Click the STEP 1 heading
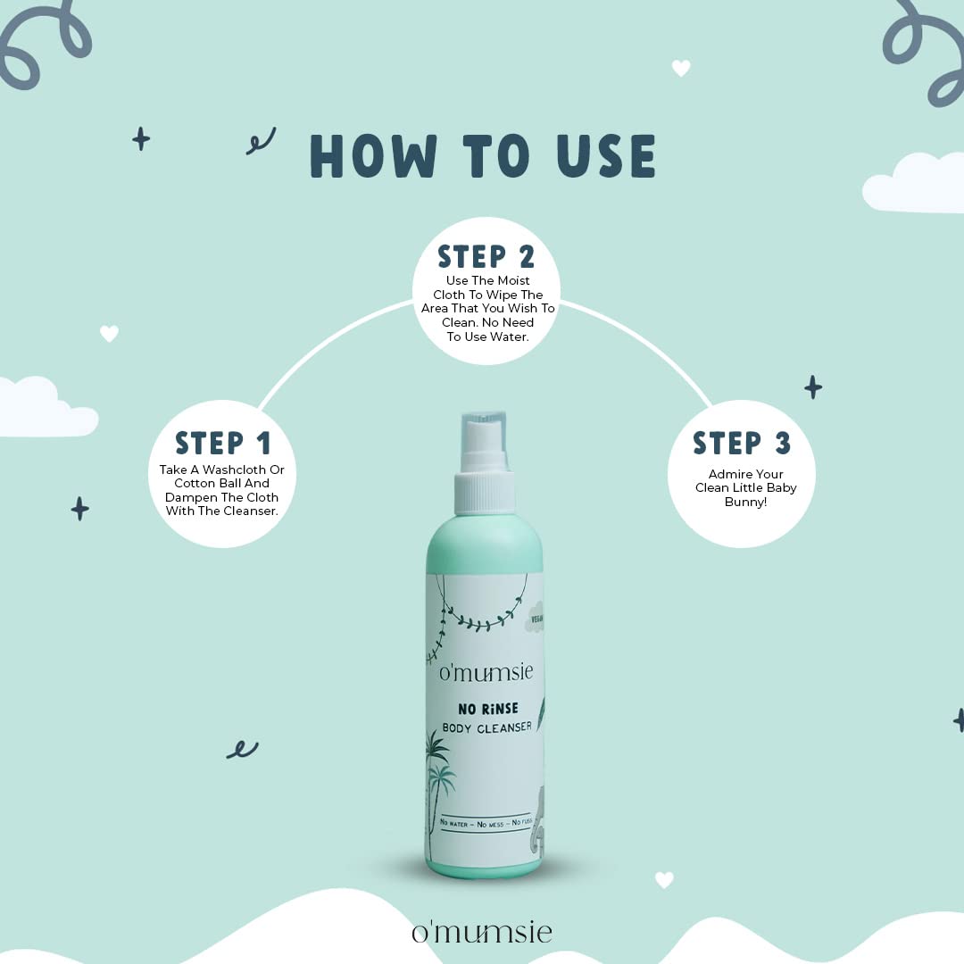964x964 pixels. click(222, 443)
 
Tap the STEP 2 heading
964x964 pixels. click(486, 256)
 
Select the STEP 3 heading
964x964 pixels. click(742, 443)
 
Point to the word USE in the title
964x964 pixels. click(606, 156)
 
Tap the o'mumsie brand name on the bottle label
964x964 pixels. click(486, 671)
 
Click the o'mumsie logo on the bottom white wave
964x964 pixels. click(482, 932)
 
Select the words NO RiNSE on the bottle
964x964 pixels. click(488, 709)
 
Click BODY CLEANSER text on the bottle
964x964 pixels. click(487, 728)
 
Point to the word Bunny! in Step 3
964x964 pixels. click(745, 503)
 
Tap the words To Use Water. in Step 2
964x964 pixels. click(487, 337)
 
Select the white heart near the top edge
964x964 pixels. click(680, 68)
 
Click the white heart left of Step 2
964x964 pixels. click(109, 333)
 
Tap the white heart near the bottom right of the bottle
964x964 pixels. click(664, 880)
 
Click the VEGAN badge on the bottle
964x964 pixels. click(535, 619)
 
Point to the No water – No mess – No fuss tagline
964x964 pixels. click(486, 823)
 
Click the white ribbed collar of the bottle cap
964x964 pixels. click(485, 492)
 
